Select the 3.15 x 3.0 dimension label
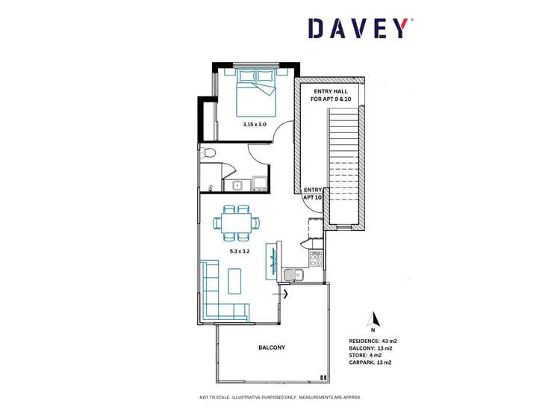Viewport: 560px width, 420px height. tap(255, 124)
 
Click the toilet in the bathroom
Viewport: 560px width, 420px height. tap(210, 153)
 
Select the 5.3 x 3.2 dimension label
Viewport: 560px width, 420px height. tap(240, 251)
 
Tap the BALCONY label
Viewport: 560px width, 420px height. tap(272, 348)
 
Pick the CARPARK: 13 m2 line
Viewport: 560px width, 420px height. tap(370, 362)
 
